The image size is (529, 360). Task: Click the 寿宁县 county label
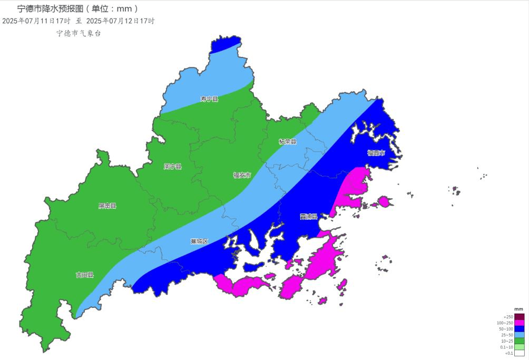209,99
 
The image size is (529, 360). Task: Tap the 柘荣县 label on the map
288,142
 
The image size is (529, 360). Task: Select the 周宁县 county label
172,167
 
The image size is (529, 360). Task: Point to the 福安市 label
242,175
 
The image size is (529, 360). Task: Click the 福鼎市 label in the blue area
376,153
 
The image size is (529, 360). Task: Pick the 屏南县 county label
107,206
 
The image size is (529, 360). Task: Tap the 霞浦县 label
309,217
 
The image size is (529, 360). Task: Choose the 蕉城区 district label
199,241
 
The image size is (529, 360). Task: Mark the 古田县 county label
84,275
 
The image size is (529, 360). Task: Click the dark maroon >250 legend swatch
519,317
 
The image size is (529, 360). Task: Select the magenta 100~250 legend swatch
519,323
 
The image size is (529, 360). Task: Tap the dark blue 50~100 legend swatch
519,329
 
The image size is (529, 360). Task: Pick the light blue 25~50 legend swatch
519,335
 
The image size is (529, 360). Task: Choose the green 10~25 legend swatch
519,341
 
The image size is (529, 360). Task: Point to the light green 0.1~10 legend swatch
519,347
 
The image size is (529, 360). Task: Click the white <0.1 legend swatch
519,353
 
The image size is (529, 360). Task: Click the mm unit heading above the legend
518,309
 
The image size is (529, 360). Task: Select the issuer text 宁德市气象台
79,33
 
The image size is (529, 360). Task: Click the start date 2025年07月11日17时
36,21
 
